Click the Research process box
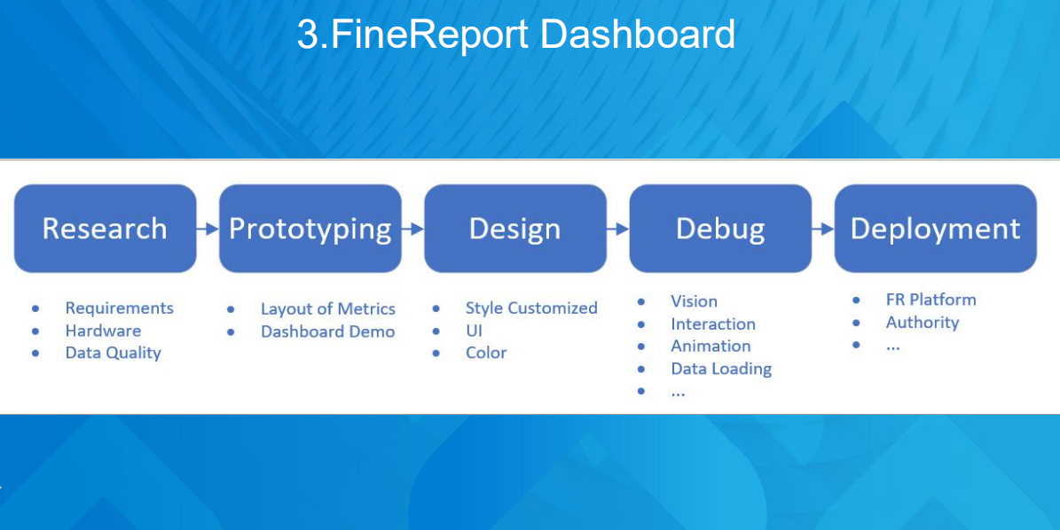[x=106, y=228]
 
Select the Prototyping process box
[x=310, y=228]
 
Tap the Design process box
[x=515, y=228]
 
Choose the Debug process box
[x=720, y=228]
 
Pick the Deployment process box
[x=936, y=228]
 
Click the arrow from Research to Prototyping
[x=208, y=229]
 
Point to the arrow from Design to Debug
[x=618, y=229]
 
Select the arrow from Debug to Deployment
[x=823, y=229]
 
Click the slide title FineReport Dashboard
[x=515, y=34]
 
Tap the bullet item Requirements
[x=120, y=308]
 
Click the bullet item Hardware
[x=104, y=331]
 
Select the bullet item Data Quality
[x=114, y=353]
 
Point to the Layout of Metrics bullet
[x=328, y=309]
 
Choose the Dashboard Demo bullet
[x=328, y=331]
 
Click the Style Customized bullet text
[x=531, y=308]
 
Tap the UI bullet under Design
[x=474, y=331]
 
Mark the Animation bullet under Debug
[x=711, y=347]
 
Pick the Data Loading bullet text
[x=721, y=370]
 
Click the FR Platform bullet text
[x=930, y=300]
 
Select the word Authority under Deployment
[x=923, y=323]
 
